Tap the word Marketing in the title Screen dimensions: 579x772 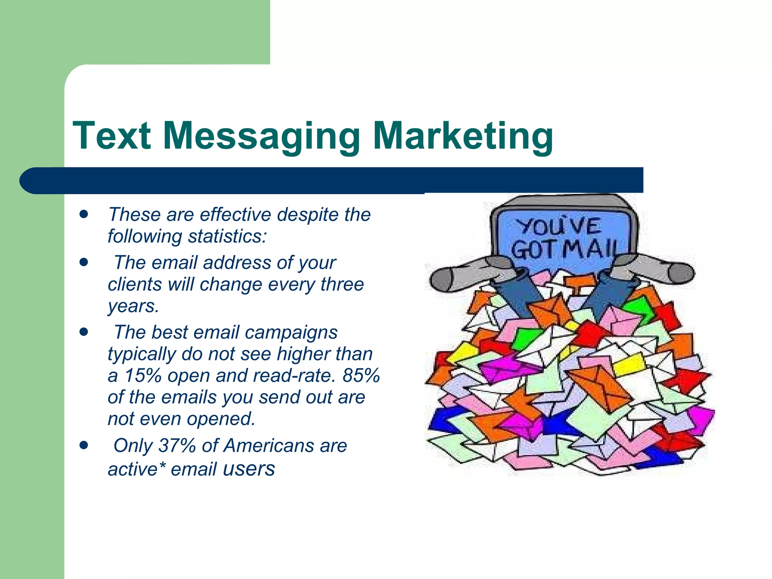click(x=463, y=136)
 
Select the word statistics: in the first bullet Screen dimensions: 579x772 click(x=227, y=236)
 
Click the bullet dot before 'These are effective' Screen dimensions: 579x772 click(x=84, y=214)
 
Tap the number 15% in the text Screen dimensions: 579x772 click(x=142, y=375)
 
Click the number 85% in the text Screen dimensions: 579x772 click(x=361, y=375)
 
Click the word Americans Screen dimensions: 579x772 click(x=269, y=446)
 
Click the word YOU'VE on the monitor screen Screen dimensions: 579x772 click(x=558, y=227)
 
